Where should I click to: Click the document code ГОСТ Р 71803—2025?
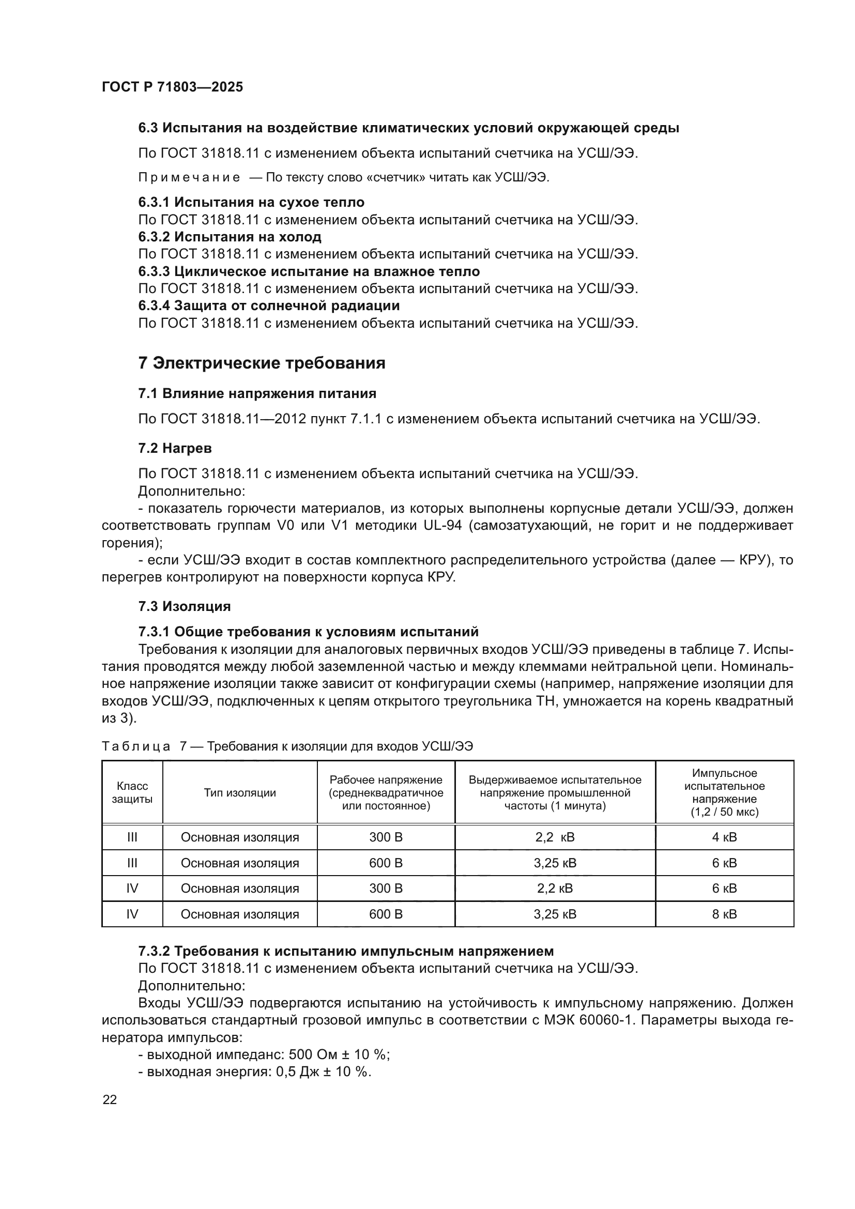(x=172, y=87)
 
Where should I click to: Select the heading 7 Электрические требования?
(x=262, y=363)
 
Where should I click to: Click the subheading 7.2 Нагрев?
(x=175, y=448)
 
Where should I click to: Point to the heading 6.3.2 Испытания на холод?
(x=230, y=236)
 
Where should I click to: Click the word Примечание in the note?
(x=189, y=177)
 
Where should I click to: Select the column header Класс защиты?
(x=132, y=792)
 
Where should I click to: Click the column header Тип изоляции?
(x=239, y=792)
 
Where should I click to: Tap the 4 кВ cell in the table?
(x=724, y=837)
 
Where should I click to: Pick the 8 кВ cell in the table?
(x=724, y=914)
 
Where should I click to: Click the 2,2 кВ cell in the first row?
(x=555, y=837)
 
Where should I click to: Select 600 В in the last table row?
(x=386, y=914)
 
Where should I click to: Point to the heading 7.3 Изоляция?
(x=184, y=606)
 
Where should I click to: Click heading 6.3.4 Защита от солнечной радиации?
(x=268, y=305)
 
